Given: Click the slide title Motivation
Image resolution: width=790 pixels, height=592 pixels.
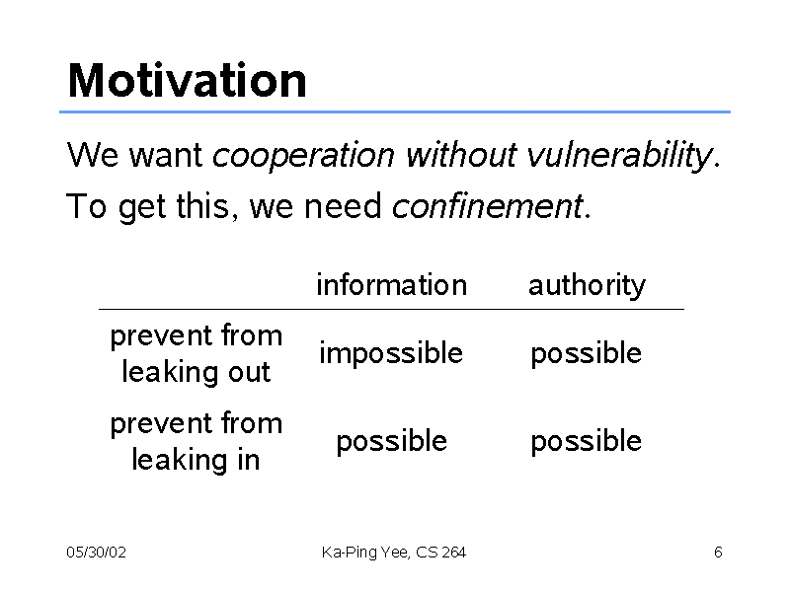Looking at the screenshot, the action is [x=187, y=81].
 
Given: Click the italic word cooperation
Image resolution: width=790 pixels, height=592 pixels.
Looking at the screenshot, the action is [x=303, y=155].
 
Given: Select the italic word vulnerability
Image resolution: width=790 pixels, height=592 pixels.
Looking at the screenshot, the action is [x=619, y=156].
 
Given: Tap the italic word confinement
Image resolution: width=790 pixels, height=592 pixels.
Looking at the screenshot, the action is [x=487, y=206].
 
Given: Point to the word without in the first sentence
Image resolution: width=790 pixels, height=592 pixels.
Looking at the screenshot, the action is [x=461, y=154].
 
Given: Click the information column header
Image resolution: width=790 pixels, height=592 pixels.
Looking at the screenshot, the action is [x=391, y=285].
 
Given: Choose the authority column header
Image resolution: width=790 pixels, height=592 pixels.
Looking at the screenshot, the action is [x=587, y=286].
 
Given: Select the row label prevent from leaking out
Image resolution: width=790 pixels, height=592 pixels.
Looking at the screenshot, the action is [x=196, y=354].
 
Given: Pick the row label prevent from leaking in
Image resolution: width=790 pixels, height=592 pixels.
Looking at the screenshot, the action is [x=196, y=442].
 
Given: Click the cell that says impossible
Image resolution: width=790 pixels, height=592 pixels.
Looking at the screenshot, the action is [x=391, y=353].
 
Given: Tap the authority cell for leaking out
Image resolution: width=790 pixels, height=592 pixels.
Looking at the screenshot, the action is [x=587, y=354].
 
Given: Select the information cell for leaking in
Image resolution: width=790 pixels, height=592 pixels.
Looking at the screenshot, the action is [x=391, y=442].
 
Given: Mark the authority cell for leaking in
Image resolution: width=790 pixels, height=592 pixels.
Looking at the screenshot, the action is [x=587, y=442].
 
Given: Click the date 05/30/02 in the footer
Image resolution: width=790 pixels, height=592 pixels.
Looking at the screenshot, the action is [x=96, y=553].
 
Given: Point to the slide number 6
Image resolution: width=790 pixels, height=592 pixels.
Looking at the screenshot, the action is [x=718, y=553].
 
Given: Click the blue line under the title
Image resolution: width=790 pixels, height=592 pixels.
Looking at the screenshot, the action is [x=395, y=111].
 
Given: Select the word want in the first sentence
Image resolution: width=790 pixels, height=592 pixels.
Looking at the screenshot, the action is [x=166, y=155].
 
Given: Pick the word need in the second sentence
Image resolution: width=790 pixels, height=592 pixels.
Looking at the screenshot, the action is [x=343, y=206].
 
